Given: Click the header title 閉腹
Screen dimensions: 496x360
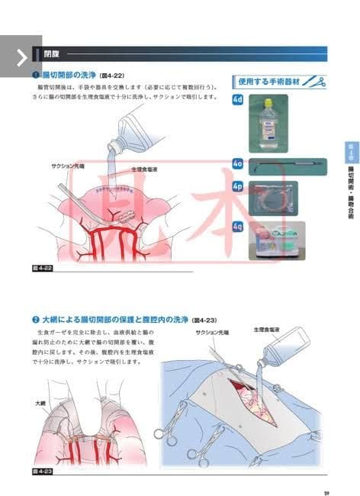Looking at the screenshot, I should [x=52, y=55].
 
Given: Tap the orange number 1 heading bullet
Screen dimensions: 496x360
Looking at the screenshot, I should [x=35, y=76].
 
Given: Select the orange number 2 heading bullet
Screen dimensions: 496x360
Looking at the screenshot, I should [x=35, y=319].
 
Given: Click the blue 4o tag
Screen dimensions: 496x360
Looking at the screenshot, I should [x=239, y=163].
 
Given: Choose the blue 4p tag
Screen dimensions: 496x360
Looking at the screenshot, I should [x=239, y=186].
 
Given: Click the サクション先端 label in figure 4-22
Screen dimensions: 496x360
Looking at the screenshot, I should [x=68, y=166].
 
